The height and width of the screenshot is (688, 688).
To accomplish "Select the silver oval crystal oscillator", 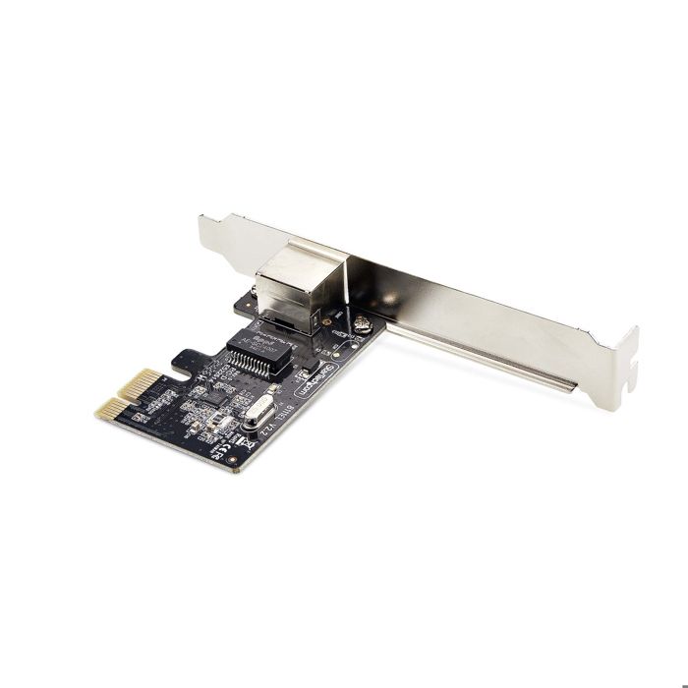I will (x=258, y=410).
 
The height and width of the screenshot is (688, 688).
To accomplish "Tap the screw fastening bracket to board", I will (x=363, y=325).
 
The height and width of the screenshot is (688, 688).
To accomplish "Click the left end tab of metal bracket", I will (x=209, y=233).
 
